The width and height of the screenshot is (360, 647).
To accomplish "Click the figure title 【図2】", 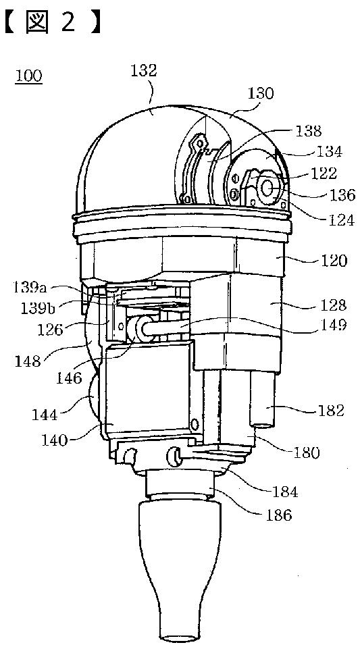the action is coord(53,22).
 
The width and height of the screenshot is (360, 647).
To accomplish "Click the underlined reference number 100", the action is coord(29,76).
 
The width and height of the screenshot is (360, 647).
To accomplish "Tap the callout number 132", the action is coord(144,70).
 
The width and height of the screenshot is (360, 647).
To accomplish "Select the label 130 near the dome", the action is coord(261,94).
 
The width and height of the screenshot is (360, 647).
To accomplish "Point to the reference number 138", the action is coord(309,131).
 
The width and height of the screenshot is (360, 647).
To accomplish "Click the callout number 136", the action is coord(342,195).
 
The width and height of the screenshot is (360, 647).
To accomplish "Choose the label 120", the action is coord(335,260).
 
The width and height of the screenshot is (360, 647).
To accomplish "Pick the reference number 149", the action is coord(334,326).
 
